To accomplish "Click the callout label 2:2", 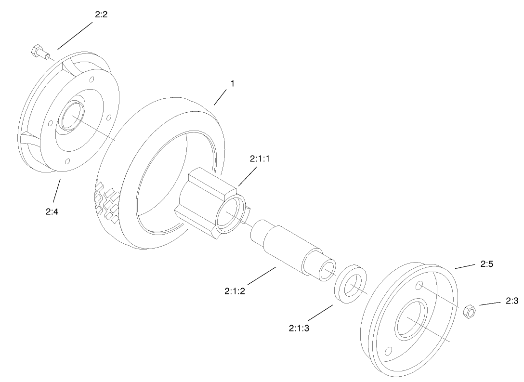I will [x=101, y=14].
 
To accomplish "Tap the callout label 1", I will [x=232, y=83].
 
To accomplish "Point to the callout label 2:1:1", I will [x=260, y=158].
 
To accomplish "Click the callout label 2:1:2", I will [x=235, y=291].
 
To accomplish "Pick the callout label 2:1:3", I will [x=299, y=328].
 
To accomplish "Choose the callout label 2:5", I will [x=487, y=264].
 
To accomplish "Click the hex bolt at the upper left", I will [x=38, y=51].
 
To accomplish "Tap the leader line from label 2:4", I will [x=56, y=191].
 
